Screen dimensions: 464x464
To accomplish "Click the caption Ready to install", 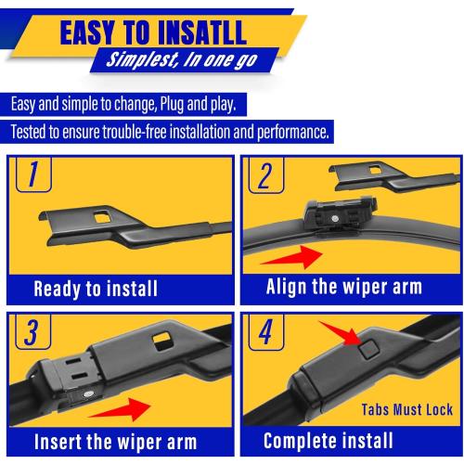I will tap(97, 289).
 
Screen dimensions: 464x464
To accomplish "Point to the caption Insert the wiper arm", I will tap(112, 441).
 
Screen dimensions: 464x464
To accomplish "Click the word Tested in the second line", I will tap(32, 131).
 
